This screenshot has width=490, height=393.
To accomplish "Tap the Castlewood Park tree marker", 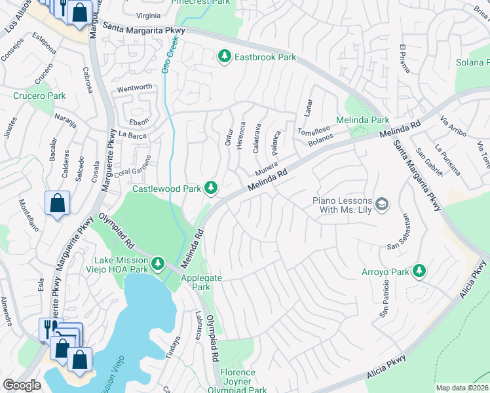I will coord(210,189).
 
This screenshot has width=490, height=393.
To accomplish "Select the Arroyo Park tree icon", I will coord(419,271).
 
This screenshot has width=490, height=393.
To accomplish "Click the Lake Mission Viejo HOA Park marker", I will coord(157,263).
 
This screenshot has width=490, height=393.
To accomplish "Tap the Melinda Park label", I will coord(362,120).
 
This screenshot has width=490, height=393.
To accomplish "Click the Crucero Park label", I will coord(39,96).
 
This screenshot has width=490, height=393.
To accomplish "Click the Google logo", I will coord(22,385).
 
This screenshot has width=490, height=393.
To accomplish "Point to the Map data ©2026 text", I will coord(462,388).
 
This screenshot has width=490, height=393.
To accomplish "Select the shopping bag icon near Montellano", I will coord(57,203).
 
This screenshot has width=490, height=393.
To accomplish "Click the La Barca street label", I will coord(132,134).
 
